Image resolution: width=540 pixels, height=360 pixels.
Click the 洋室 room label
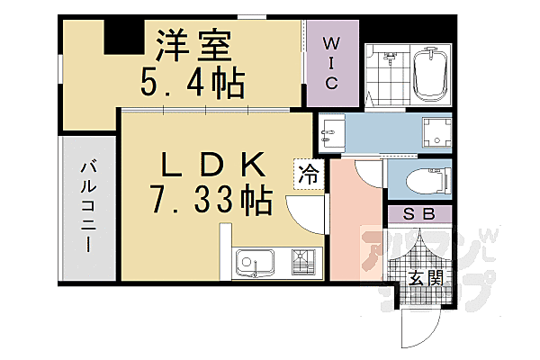tap(194, 46)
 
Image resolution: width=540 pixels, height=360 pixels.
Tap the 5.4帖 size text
tap(193, 85)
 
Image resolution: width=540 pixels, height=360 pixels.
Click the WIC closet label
tap(330, 63)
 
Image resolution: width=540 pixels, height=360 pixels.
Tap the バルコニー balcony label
tap(88, 206)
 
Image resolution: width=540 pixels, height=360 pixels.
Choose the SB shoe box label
tap(419, 214)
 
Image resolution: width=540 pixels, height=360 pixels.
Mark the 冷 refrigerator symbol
tap(308, 174)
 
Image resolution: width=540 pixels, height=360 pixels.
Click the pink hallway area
tap(355, 225)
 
